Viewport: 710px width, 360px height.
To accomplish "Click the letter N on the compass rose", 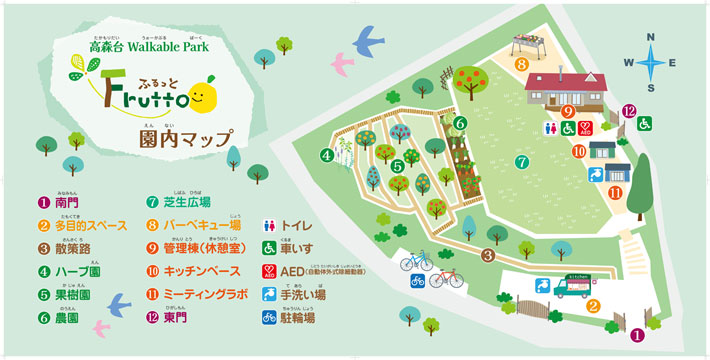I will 650,37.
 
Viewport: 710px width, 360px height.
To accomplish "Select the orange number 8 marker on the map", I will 522,64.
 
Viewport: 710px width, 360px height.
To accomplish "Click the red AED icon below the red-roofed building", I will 585,129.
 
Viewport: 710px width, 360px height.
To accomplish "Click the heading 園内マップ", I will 186,139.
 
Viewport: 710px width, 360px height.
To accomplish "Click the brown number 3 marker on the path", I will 487,255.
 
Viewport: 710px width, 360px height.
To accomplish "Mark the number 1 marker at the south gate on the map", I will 636,336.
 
